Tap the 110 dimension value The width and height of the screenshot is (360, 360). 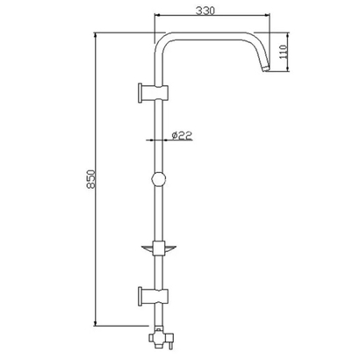tap(284, 52)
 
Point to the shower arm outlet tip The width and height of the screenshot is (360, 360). tap(265, 70)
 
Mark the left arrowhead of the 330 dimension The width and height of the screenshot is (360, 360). tap(157, 16)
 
